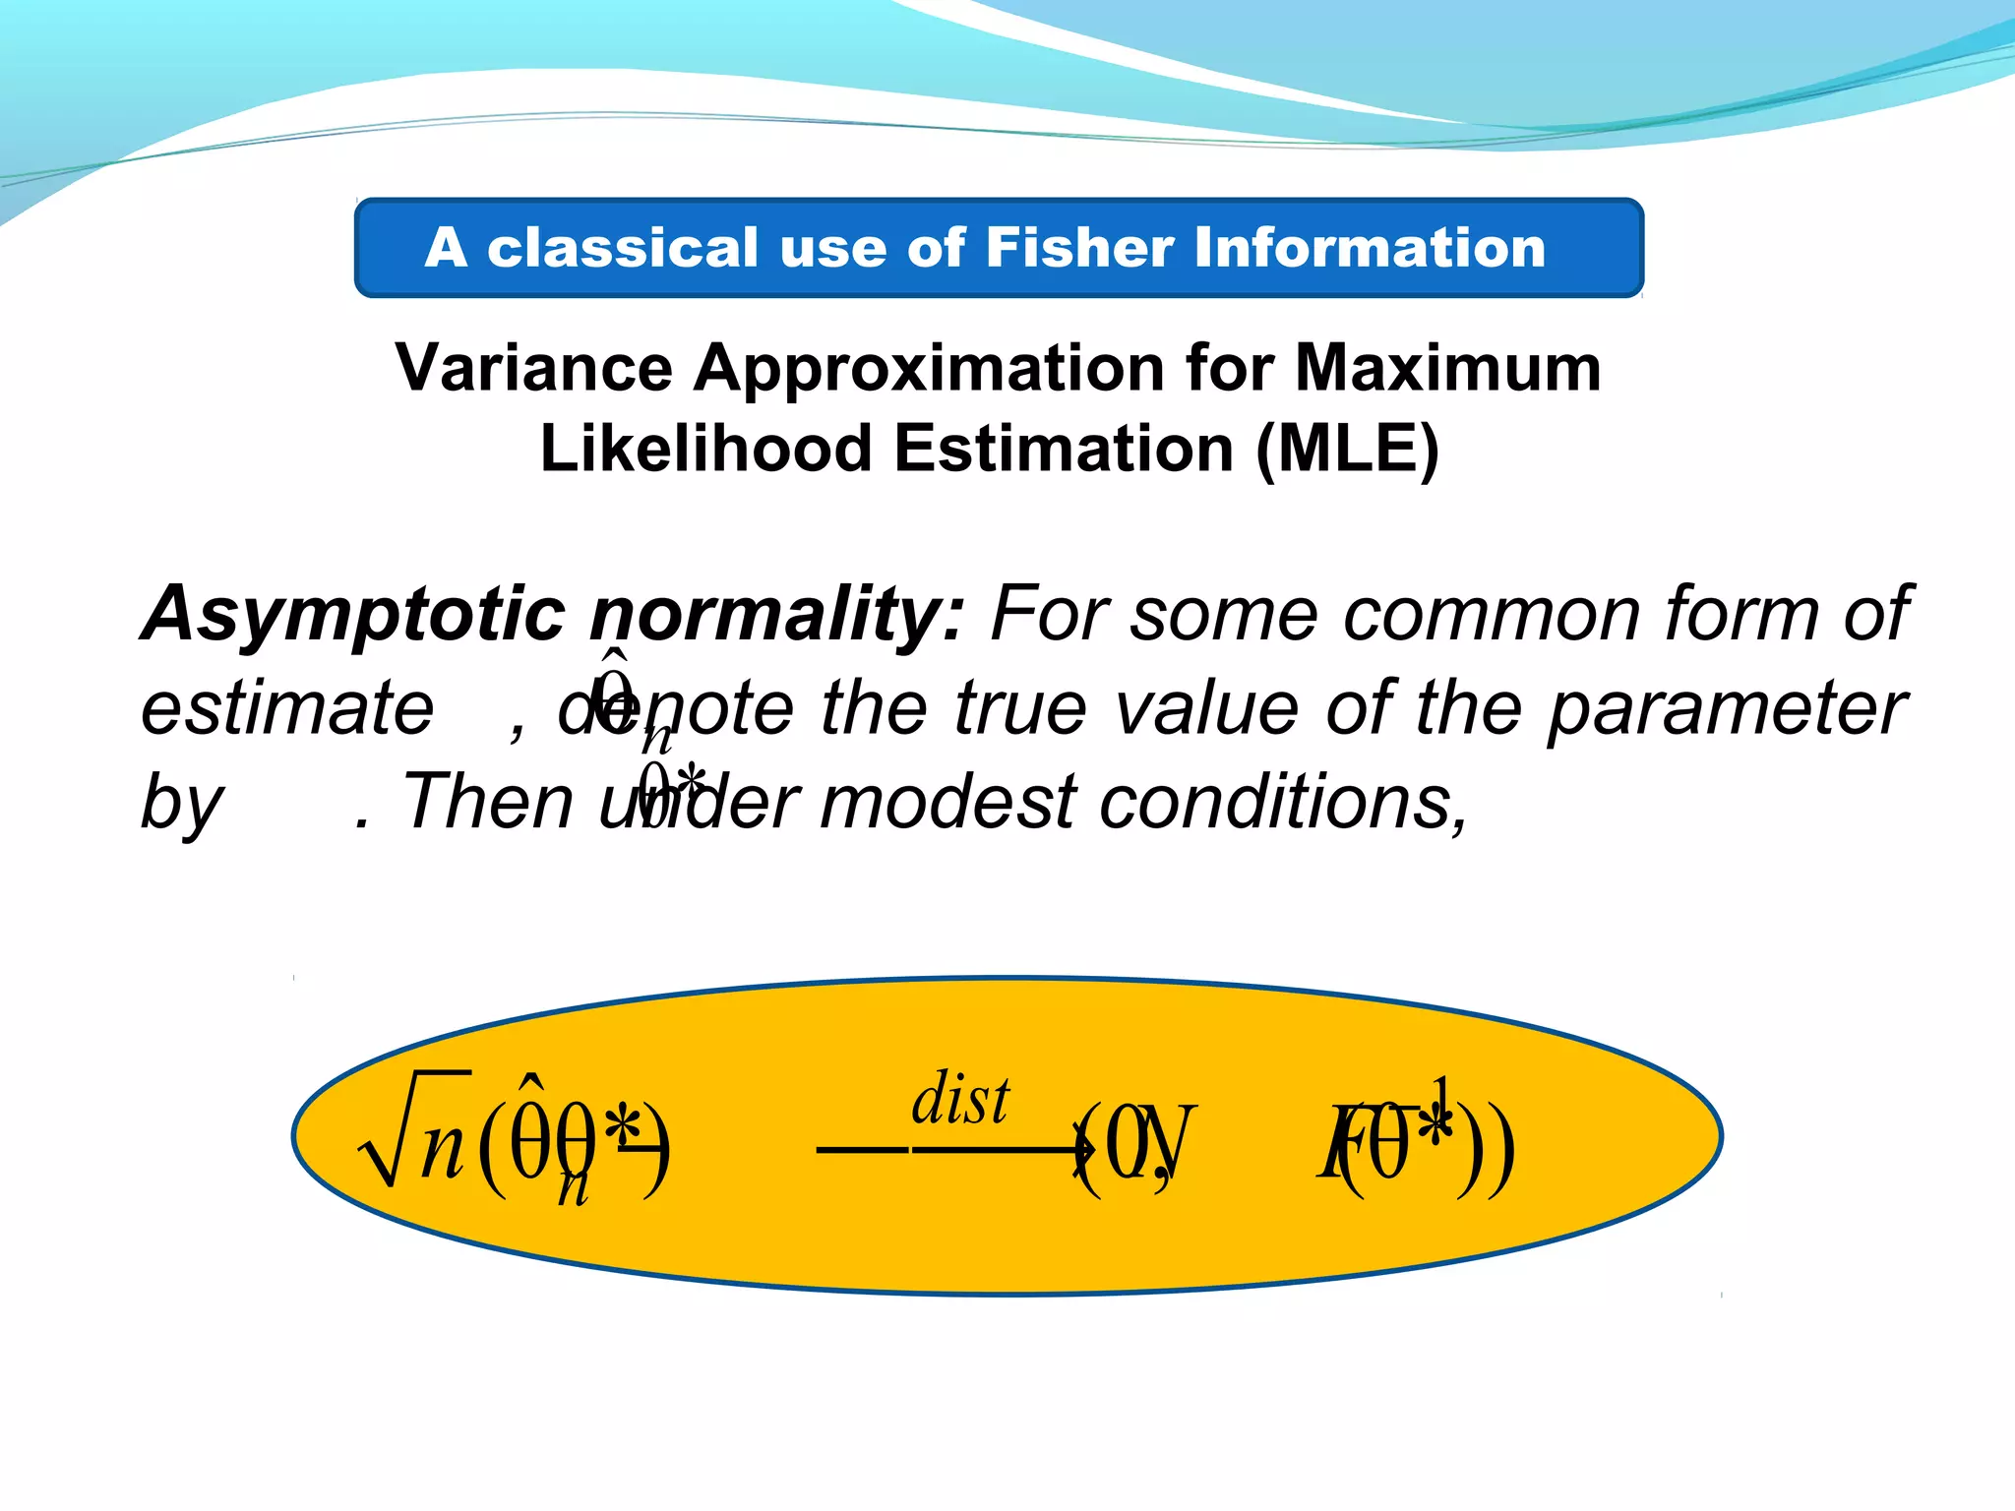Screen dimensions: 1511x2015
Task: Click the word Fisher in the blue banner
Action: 1079,247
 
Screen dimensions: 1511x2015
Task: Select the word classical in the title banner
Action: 623,247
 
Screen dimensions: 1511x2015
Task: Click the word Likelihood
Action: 705,449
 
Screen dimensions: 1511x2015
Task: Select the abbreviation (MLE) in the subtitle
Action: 1347,451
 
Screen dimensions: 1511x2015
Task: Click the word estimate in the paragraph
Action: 286,708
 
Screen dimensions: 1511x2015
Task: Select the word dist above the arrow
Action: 959,1099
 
